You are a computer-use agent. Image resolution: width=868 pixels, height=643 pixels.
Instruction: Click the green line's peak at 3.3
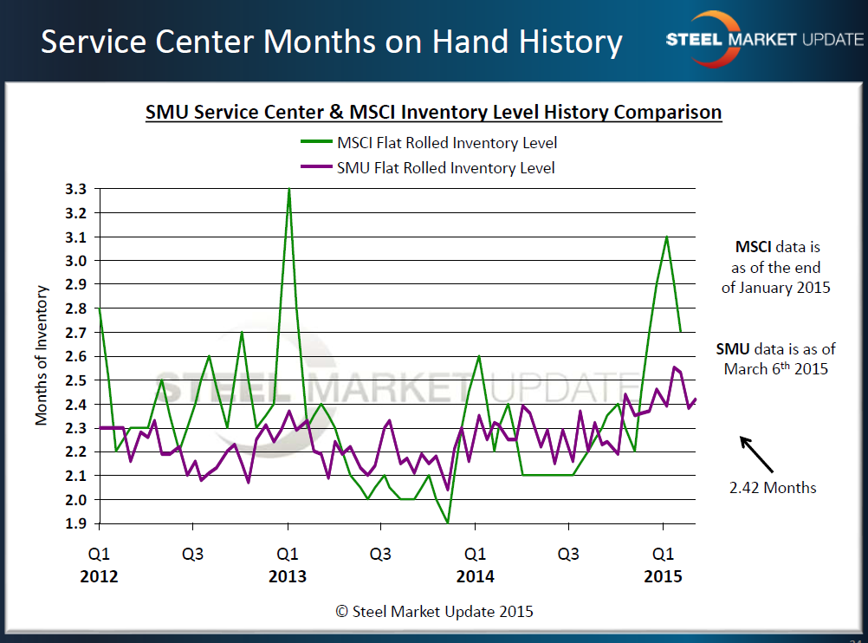point(288,189)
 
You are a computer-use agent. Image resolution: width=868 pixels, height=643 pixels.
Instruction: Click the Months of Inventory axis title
point(42,356)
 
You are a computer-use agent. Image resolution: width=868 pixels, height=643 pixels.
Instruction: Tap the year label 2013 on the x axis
point(288,576)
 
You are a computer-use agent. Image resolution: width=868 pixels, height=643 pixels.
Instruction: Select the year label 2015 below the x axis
point(664,576)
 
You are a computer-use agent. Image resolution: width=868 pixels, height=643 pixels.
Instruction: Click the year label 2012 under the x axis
point(100,576)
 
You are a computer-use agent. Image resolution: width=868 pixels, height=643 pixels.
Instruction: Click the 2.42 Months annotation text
point(773,487)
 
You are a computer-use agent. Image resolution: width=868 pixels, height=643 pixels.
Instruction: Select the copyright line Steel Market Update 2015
point(434,611)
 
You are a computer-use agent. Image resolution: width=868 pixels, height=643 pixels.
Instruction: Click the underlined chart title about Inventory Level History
point(433,113)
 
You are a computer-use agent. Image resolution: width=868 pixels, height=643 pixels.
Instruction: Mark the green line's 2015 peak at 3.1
point(666,237)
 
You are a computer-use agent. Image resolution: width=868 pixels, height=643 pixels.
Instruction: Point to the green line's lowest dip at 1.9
point(448,523)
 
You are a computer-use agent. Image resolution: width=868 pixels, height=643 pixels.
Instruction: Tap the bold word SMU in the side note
point(732,349)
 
